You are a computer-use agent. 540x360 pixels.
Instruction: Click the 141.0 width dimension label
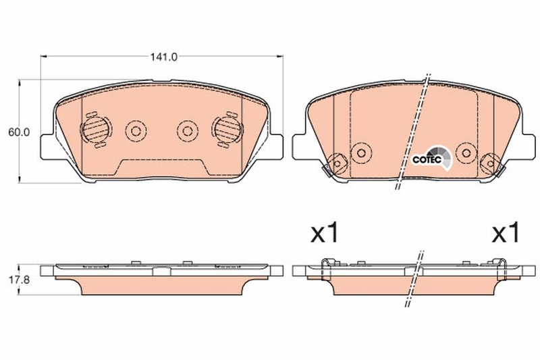[x=163, y=58]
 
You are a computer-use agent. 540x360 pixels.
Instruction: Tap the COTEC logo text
[x=427, y=159]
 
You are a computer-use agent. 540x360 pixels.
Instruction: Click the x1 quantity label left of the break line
[x=323, y=234]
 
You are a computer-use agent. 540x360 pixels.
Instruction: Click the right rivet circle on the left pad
[x=186, y=130]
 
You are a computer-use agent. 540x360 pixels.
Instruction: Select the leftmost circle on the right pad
[x=337, y=162]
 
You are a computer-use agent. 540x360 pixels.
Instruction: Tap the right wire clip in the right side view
[x=502, y=269]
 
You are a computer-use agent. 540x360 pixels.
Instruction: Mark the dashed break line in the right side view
[x=413, y=277]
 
